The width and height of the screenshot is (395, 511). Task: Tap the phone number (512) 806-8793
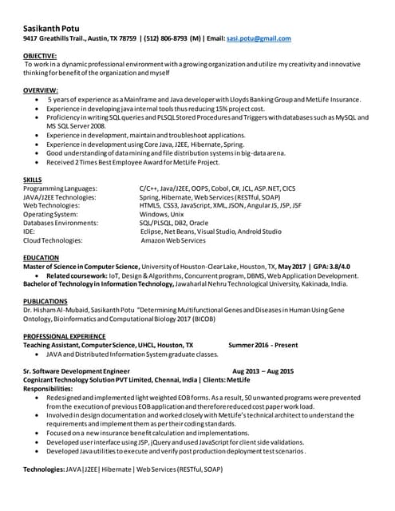pyautogui.click(x=166, y=38)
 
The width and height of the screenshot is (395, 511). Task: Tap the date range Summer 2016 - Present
pyautogui.click(x=263, y=345)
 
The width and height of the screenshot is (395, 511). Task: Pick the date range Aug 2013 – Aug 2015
pyautogui.click(x=263, y=371)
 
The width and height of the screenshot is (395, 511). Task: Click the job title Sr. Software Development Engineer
pyautogui.click(x=76, y=371)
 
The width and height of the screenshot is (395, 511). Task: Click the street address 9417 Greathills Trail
pyautogui.click(x=55, y=38)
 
